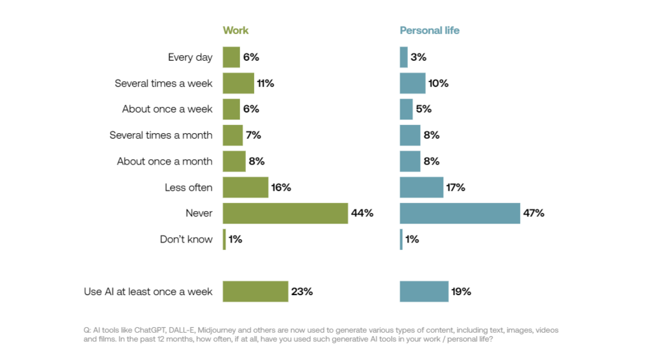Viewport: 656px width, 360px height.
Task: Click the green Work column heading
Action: coord(236,31)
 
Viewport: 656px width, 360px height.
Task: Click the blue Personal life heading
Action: coord(429,31)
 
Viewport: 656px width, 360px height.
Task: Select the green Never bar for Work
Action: coord(285,213)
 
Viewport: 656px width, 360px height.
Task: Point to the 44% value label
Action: coord(362,213)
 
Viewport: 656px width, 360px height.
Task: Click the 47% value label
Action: coord(534,213)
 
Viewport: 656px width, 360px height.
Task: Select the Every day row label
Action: coord(190,57)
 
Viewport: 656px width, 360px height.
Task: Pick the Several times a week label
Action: coord(163,83)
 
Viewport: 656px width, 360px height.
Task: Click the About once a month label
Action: coord(165,161)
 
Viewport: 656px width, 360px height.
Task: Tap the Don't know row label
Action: coord(186,239)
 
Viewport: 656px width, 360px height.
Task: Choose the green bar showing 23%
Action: coord(256,291)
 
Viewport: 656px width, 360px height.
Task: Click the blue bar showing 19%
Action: coord(424,291)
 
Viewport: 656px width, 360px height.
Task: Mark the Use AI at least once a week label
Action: coord(148,292)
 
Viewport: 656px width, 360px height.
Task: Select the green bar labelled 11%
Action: coord(238,83)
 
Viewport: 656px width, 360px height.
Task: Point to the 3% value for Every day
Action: coord(419,57)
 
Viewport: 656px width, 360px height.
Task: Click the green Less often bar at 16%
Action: coord(245,187)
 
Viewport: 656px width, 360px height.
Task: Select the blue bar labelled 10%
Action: coord(412,83)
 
